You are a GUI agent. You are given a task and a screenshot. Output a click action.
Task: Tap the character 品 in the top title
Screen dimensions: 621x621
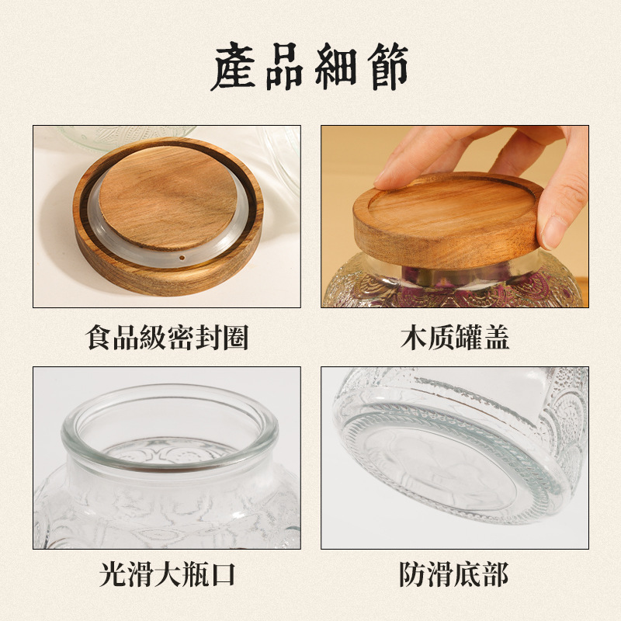(286, 67)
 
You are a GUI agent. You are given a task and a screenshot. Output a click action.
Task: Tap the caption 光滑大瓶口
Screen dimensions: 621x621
(167, 575)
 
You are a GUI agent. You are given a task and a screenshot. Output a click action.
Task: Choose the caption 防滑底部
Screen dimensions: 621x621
(455, 575)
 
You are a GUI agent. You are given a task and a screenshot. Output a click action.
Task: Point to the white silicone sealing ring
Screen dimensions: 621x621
(101, 225)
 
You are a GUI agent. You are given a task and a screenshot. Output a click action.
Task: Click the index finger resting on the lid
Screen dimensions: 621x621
(419, 159)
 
